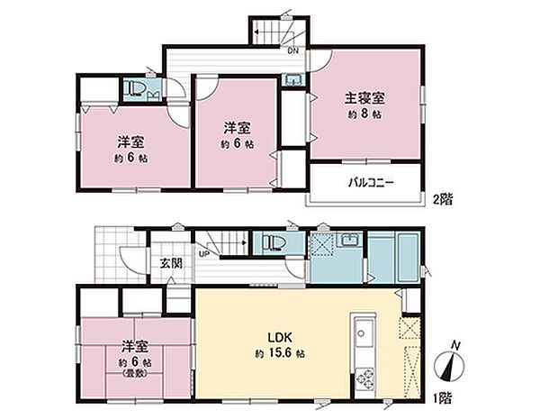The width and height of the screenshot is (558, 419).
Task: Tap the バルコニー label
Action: pos(372,182)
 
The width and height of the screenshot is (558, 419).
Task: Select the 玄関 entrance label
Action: pos(171,264)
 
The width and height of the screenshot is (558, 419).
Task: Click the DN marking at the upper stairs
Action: pos(292,50)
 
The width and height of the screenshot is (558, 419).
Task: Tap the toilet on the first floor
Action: pos(273,243)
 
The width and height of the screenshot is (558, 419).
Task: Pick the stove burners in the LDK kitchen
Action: pos(365,378)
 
